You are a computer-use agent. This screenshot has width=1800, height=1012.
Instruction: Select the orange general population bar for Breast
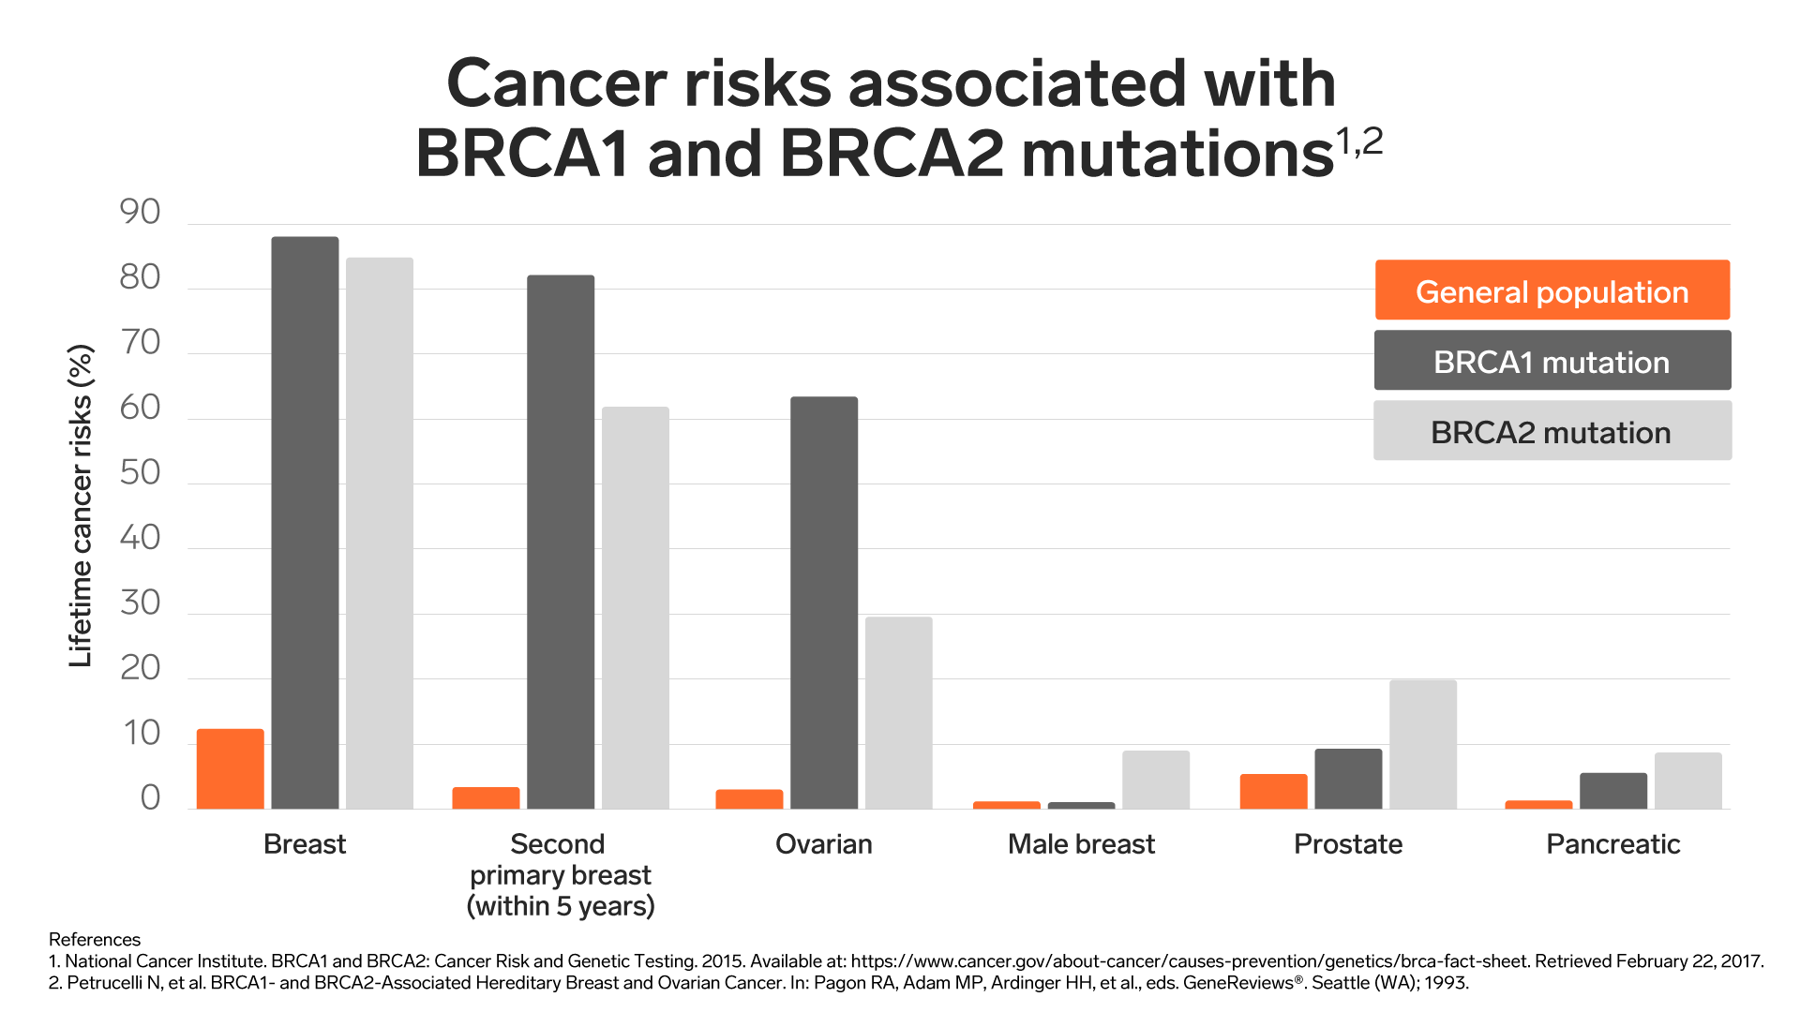(x=230, y=769)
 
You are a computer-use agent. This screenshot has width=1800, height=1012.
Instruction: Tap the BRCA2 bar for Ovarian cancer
(x=898, y=713)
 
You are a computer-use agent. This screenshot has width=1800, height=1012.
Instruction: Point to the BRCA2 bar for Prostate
(x=1422, y=745)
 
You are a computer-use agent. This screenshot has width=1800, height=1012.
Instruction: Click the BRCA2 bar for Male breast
(x=1155, y=780)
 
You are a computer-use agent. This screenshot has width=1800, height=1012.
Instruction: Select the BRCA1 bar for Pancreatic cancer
(x=1612, y=791)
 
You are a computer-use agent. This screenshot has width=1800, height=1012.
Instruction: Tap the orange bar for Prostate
(x=1273, y=792)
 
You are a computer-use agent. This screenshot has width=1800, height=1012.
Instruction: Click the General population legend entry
(x=1552, y=290)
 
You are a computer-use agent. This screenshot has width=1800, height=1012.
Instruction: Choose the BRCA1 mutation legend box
(x=1552, y=361)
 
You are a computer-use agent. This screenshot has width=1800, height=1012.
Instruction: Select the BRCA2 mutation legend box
(x=1552, y=431)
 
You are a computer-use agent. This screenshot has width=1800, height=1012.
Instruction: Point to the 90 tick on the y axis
(x=140, y=213)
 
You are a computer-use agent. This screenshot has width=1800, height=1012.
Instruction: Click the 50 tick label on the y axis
(x=140, y=472)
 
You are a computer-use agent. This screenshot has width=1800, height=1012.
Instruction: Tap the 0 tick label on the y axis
(x=150, y=798)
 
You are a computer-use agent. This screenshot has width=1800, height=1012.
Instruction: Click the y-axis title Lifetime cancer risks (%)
(x=82, y=506)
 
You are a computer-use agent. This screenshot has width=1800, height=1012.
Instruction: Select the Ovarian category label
(x=823, y=844)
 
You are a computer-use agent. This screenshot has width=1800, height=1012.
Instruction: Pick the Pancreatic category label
(x=1612, y=844)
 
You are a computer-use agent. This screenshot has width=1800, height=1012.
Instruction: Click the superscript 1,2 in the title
(x=1358, y=141)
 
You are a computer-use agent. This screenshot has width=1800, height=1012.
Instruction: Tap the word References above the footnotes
(x=94, y=939)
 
